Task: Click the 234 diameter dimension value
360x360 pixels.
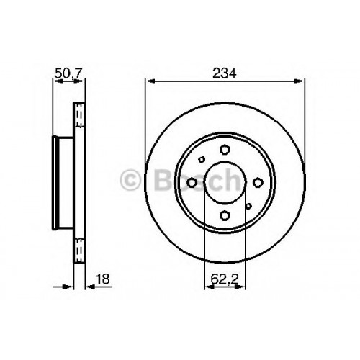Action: pos(225,73)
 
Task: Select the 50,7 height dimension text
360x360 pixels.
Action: pos(68,73)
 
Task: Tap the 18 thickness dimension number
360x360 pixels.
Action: pos(102,279)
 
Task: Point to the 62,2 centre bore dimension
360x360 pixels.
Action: pos(225,279)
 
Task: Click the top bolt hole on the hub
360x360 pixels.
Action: pos(225,150)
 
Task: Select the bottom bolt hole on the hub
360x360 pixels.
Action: pos(225,215)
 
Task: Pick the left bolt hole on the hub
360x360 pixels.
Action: pos(192,183)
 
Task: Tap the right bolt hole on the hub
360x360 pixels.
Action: pos(258,183)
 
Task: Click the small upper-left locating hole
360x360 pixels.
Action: pos(202,159)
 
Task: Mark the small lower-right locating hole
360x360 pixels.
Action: pos(248,206)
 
